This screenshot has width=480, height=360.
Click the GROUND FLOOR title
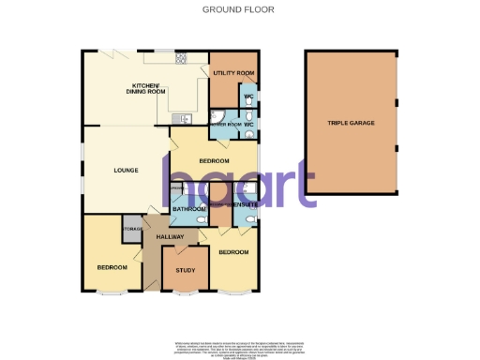(x=240, y=9)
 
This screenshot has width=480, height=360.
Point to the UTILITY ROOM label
(x=233, y=72)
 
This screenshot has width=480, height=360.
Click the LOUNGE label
(x=127, y=171)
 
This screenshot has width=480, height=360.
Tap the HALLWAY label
(x=170, y=237)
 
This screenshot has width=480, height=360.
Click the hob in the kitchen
(x=178, y=58)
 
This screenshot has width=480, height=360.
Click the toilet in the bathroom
(x=204, y=222)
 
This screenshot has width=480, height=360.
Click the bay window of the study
(x=185, y=294)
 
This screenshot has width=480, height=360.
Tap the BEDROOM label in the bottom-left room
(x=112, y=268)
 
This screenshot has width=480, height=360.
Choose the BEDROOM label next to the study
(x=233, y=253)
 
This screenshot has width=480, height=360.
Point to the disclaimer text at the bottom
(x=240, y=346)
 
